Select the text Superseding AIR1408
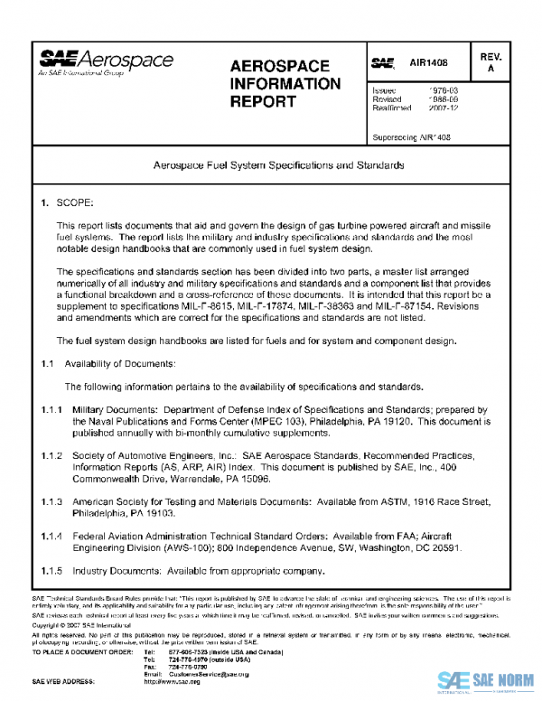click(x=411, y=137)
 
